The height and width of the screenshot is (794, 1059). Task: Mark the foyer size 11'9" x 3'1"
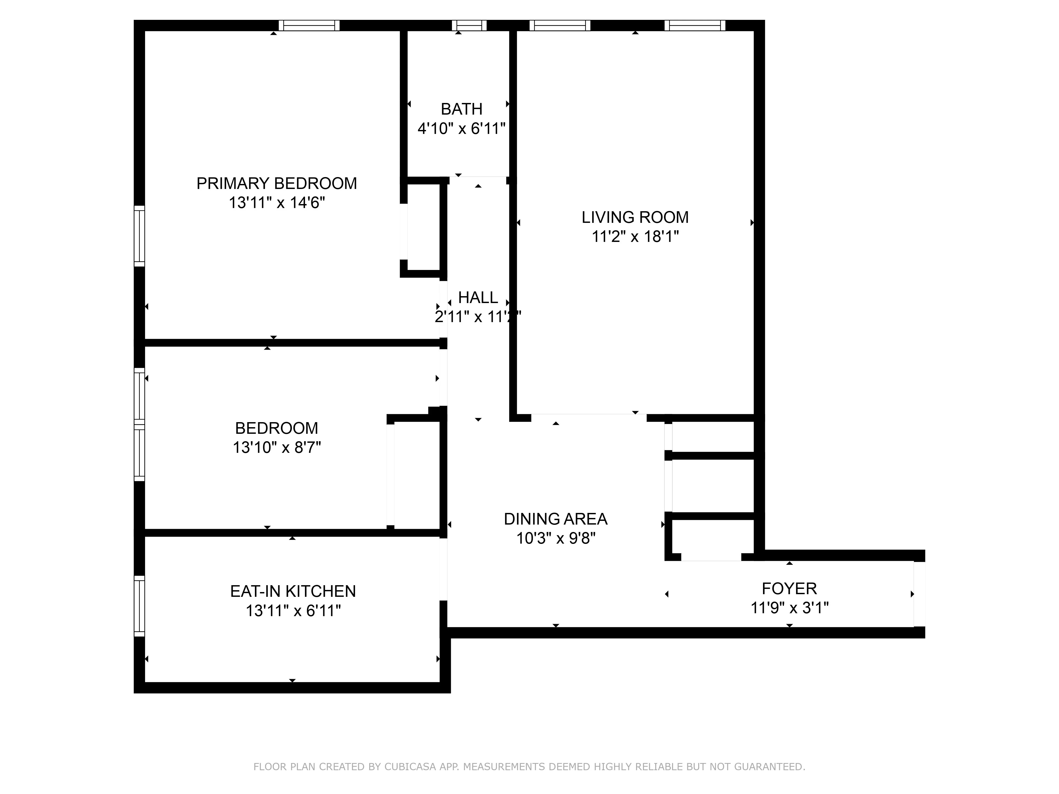[x=789, y=608]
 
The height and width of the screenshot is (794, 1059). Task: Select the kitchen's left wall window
[x=139, y=606]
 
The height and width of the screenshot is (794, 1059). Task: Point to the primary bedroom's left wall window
[x=139, y=236]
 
